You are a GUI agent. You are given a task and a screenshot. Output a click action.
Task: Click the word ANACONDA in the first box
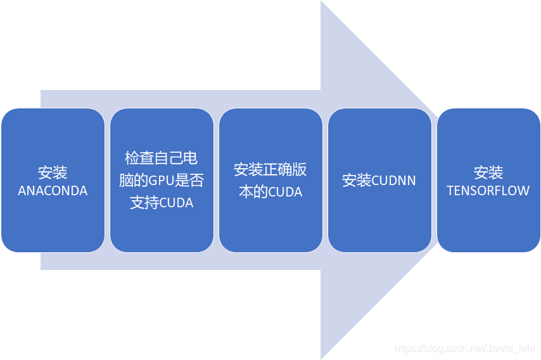53,191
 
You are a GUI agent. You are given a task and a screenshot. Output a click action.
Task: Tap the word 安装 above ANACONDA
53,172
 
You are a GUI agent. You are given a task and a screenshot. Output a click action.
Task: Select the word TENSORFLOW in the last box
488,191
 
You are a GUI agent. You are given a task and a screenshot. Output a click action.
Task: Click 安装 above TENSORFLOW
488,172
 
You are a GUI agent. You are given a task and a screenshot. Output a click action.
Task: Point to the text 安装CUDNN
379,181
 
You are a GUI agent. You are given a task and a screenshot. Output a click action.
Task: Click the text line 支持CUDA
162,203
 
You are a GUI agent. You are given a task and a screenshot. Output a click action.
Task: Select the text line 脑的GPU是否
162,181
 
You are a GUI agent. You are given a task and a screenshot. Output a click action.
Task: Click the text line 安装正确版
270,169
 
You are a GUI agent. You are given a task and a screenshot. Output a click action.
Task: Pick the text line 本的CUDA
270,192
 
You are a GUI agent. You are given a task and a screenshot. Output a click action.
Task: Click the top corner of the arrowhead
321,2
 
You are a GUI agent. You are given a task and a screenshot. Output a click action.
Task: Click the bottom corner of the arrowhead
321,358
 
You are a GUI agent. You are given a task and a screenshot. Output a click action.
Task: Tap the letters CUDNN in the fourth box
394,181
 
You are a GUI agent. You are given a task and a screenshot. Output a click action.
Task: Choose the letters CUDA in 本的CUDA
286,192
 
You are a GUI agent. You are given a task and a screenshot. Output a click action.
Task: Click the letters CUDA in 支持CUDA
175,203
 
